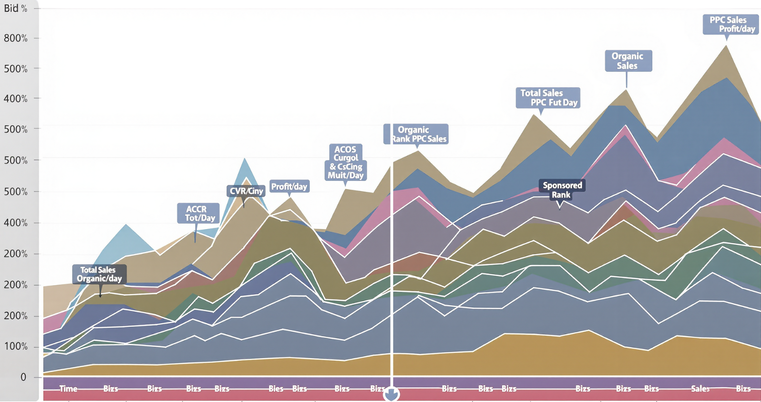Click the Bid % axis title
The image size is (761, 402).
[x=15, y=8]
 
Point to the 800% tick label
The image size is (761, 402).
[x=16, y=38]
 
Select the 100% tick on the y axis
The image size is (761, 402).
[x=16, y=346]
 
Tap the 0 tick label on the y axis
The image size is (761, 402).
[x=23, y=377]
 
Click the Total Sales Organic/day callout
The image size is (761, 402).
[x=100, y=274]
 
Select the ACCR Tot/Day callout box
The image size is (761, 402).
[x=198, y=213]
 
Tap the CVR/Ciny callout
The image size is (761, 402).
[x=246, y=191]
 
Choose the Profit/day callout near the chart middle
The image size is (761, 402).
[x=289, y=186]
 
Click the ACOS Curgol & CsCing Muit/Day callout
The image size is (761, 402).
[x=346, y=162]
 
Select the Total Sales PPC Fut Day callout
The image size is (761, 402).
[x=548, y=97]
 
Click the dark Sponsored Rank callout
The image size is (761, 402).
[x=562, y=190]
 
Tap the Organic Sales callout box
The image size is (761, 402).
[x=628, y=61]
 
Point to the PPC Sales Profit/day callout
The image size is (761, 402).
[x=730, y=24]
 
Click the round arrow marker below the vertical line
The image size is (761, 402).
[x=391, y=394]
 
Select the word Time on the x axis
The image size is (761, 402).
[x=68, y=389]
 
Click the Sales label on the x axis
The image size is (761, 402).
[x=700, y=389]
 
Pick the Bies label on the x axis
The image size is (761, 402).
[x=276, y=389]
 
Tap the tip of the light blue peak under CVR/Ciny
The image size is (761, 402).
[x=245, y=159]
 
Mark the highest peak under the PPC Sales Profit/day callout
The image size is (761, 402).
[x=726, y=46]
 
